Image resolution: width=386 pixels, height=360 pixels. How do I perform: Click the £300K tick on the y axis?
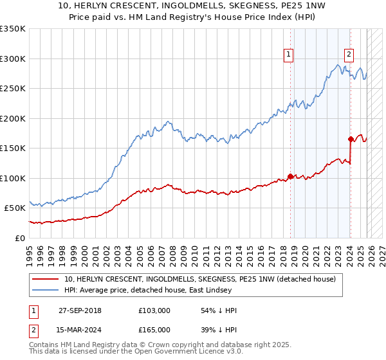(x=13, y=59)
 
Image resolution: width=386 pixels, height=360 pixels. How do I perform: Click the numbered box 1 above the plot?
(x=288, y=55)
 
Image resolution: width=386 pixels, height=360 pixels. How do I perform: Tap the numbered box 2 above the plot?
(x=349, y=55)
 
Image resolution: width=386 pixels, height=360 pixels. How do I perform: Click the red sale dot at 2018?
(x=290, y=176)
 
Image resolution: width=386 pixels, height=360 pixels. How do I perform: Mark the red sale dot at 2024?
(x=351, y=139)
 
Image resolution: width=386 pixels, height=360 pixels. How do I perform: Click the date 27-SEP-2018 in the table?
(x=84, y=310)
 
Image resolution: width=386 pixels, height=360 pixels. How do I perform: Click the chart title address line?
(x=192, y=7)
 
